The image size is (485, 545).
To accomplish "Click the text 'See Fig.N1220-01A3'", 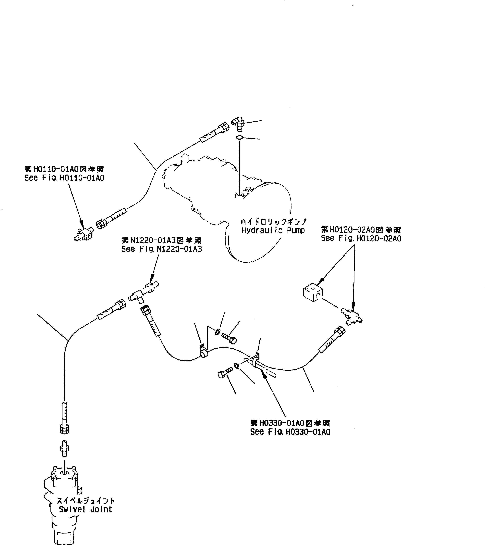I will tap(161, 249).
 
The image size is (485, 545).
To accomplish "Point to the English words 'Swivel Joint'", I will tap(85, 509).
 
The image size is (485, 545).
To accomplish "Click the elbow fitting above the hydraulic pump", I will tap(237, 123).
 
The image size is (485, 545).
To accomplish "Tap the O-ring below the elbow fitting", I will tap(239, 138).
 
